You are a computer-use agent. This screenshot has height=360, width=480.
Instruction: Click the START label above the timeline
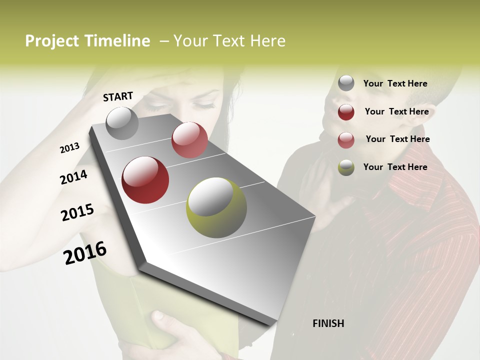(118, 96)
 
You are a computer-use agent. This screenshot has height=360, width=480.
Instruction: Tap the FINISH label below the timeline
(328, 323)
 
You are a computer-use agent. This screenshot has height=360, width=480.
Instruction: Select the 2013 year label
(69, 148)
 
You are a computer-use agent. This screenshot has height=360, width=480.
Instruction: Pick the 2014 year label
(73, 177)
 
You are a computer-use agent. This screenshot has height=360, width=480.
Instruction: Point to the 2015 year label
(77, 212)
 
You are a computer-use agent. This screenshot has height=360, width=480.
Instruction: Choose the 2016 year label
(85, 253)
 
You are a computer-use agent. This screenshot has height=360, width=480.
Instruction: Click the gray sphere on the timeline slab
(122, 123)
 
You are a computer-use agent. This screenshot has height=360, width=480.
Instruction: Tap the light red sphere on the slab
(189, 140)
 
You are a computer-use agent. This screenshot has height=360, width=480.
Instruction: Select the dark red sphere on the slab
(145, 180)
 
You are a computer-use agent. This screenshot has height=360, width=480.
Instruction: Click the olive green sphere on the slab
(216, 207)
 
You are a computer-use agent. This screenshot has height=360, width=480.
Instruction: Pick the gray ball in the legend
(346, 83)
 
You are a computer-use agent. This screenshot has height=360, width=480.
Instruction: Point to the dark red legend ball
(346, 112)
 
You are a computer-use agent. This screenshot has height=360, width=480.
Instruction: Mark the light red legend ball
(346, 140)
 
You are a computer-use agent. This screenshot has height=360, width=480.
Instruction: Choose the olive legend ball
(346, 168)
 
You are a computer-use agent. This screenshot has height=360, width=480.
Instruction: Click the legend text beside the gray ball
(395, 83)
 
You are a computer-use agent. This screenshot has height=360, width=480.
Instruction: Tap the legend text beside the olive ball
(395, 167)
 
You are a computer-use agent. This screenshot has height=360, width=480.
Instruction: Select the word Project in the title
(52, 41)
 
